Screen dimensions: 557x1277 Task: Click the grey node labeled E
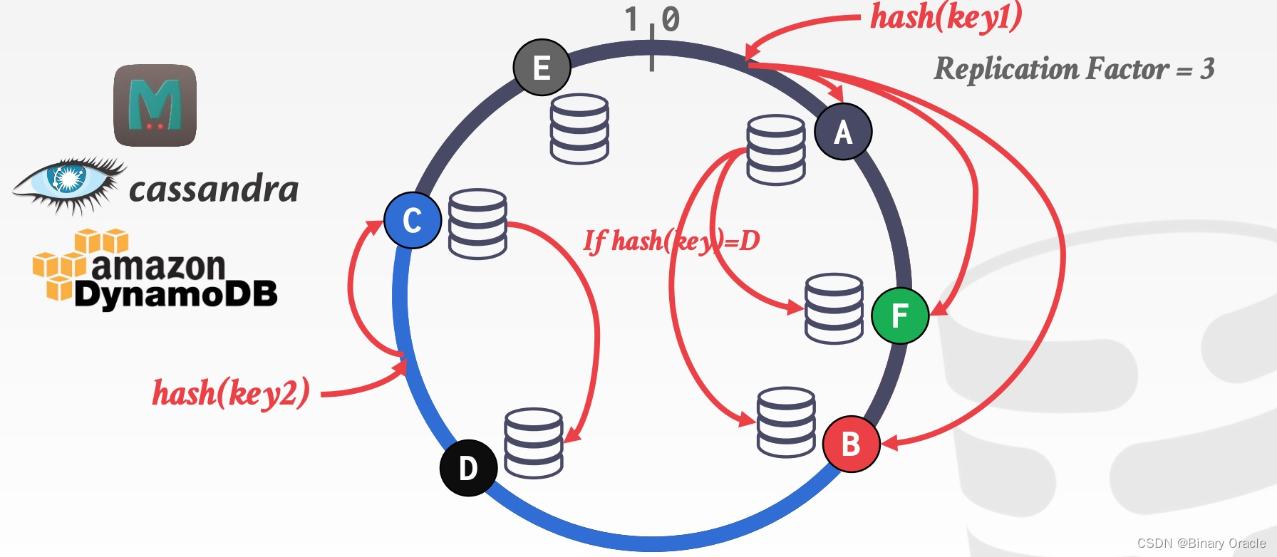[542, 68]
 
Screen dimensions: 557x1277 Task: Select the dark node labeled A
[843, 132]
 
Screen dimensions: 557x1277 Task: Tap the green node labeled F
[900, 316]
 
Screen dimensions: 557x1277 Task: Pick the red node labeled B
[851, 444]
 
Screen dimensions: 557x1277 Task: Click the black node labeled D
[468, 468]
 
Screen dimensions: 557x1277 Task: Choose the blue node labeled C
[413, 220]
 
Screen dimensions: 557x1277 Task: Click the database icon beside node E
[579, 129]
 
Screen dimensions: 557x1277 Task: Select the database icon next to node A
[776, 150]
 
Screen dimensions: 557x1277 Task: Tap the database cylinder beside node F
[834, 308]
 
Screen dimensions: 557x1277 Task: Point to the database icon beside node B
[786, 422]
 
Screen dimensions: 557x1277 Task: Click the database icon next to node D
[534, 443]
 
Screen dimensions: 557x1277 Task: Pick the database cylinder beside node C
[477, 224]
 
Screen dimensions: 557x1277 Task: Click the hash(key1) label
[946, 17]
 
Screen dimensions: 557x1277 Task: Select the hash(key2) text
[231, 392]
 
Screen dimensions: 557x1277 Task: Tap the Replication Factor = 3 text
[1074, 69]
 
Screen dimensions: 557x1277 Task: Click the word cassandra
[214, 189]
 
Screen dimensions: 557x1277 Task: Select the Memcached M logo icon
[155, 105]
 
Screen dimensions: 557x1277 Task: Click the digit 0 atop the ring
[671, 19]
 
